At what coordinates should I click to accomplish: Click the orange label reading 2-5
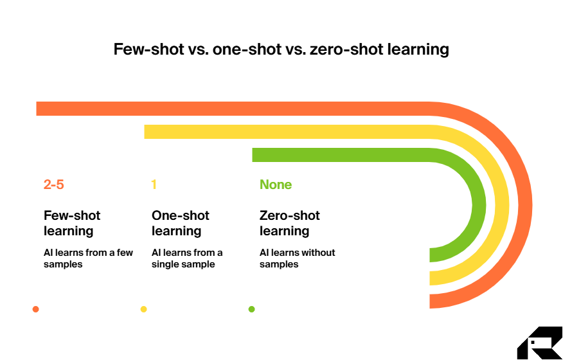point(54,185)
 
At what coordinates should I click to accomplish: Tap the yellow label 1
point(154,185)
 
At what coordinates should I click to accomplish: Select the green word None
point(276,185)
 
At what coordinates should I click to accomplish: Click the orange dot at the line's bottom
point(35,309)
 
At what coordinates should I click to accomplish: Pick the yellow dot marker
point(143,309)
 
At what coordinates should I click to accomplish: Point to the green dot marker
point(251,309)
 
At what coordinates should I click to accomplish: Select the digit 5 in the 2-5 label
point(60,185)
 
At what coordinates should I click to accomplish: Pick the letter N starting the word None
point(264,185)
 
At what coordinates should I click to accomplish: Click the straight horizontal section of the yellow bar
point(289,132)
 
